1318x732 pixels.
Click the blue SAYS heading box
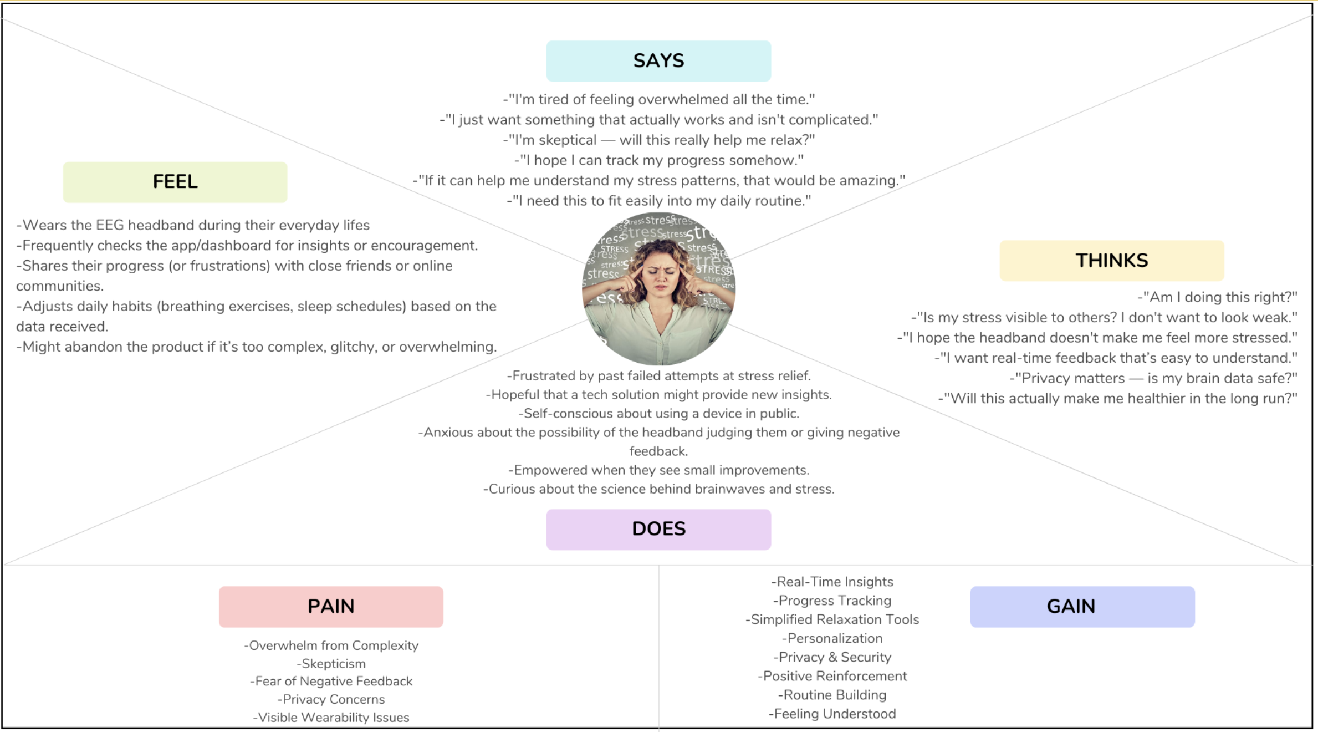click(658, 61)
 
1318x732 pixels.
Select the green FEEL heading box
click(175, 182)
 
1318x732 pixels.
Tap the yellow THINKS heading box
click(1111, 261)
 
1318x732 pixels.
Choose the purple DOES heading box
click(658, 529)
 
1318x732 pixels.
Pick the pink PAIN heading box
click(331, 607)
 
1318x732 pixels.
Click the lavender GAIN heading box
click(1082, 607)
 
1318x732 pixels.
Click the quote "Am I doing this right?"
click(1217, 297)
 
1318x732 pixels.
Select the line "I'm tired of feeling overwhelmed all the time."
click(658, 99)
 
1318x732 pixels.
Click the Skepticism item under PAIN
click(331, 664)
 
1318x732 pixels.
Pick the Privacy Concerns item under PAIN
click(331, 699)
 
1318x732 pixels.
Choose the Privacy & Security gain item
click(832, 657)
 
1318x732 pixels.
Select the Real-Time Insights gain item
click(832, 582)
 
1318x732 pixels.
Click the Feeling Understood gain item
click(832, 714)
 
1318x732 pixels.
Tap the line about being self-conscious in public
click(658, 414)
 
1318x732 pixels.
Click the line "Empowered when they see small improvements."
click(658, 470)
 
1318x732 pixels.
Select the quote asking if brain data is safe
click(1153, 378)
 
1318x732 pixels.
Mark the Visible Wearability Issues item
click(331, 718)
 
